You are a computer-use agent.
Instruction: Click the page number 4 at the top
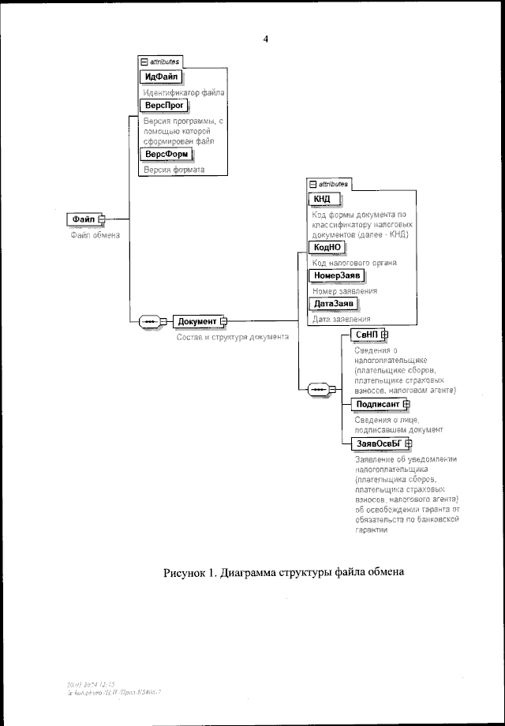[x=265, y=39]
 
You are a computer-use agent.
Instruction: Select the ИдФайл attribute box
[x=161, y=77]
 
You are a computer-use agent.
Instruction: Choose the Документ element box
[x=196, y=321]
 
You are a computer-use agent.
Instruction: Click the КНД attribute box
[x=323, y=198]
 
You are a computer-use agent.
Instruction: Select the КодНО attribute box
[x=327, y=247]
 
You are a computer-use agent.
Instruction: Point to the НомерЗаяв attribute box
[x=338, y=275]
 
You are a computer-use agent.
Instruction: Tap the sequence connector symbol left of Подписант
[x=320, y=390]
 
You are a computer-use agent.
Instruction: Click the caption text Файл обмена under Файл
[x=94, y=235]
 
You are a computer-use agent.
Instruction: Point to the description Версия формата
[x=173, y=170]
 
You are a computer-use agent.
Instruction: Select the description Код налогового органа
[x=353, y=262]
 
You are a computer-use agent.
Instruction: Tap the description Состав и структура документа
[x=231, y=336]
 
